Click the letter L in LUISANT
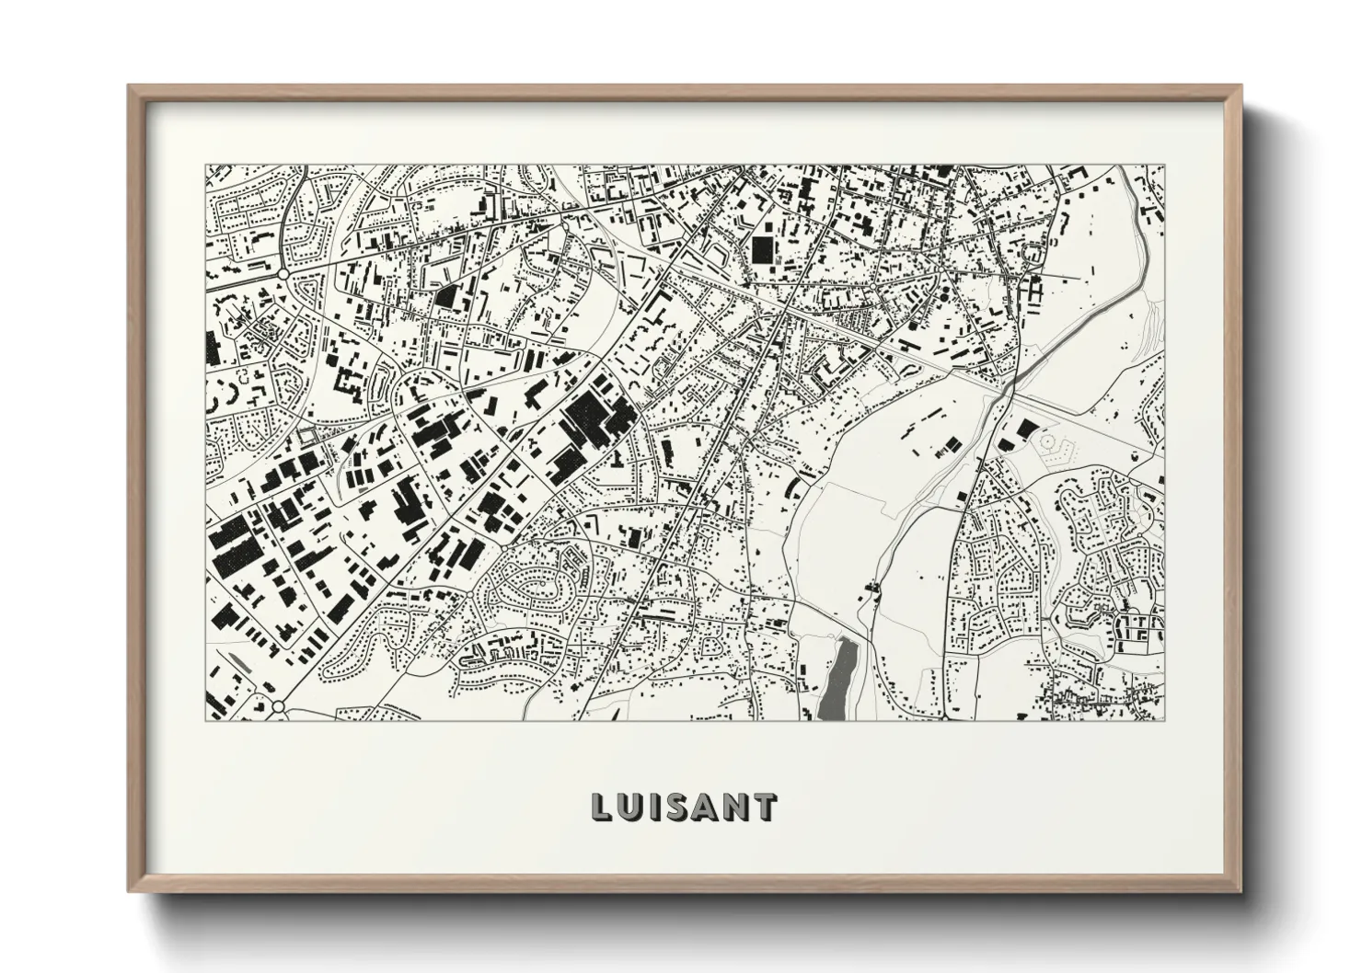click(601, 807)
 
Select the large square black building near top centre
click(763, 249)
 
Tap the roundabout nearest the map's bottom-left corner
click(278, 707)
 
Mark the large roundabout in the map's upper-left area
click(283, 273)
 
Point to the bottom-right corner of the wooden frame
click(1240, 890)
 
